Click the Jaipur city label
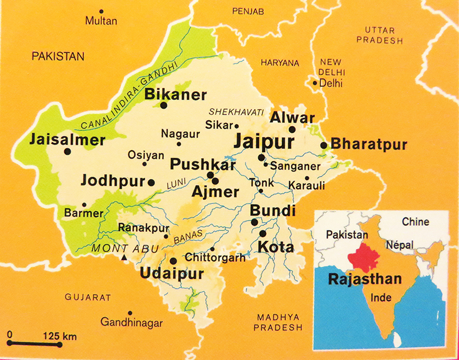263,141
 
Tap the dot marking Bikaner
164,105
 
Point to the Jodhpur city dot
151,182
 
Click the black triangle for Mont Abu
124,258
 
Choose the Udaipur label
172,274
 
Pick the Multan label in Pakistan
101,21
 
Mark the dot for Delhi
314,83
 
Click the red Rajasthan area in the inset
364,256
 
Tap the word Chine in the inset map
416,221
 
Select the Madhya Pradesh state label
279,322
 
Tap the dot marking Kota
263,234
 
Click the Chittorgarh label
215,259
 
